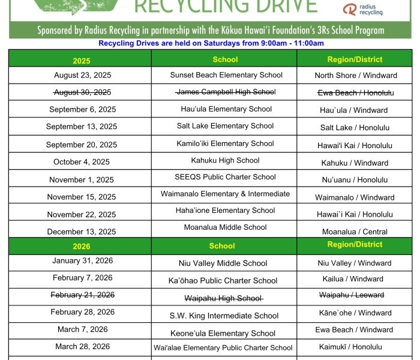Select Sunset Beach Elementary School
click(226, 75)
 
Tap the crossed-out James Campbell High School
click(226, 92)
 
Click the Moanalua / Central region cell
click(355, 232)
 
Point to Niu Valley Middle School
click(223, 263)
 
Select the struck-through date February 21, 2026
click(82, 295)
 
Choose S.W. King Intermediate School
click(224, 316)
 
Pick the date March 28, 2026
click(82, 347)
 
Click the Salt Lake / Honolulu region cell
click(355, 128)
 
